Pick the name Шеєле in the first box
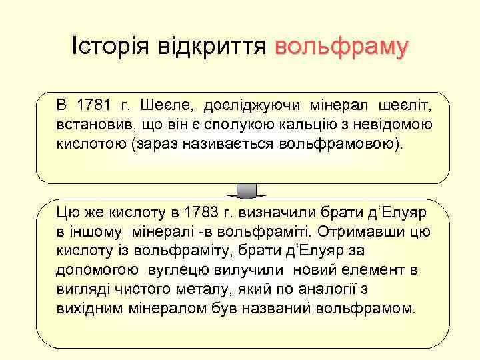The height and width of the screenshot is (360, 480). (160, 105)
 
